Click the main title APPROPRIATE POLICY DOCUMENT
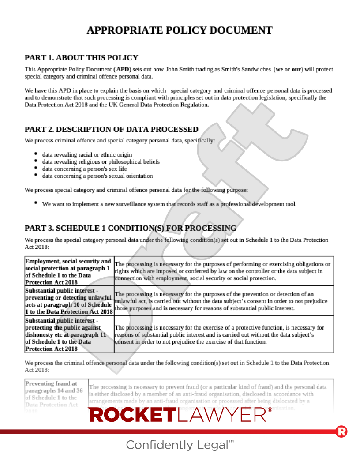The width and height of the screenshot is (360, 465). click(180, 30)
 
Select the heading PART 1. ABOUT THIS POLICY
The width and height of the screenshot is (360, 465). click(81, 58)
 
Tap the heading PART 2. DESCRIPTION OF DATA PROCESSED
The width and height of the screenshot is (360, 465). click(111, 129)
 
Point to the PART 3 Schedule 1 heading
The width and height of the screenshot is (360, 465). click(130, 228)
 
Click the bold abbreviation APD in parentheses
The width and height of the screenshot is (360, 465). click(122, 70)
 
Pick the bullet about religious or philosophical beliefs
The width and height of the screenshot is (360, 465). click(101, 162)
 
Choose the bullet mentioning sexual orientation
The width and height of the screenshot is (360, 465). click(97, 176)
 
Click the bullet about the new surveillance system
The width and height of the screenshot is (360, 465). click(169, 204)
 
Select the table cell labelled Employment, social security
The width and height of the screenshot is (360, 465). click(69, 271)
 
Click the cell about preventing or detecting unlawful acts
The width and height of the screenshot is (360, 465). click(69, 301)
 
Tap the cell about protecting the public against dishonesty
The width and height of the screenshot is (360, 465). click(69, 334)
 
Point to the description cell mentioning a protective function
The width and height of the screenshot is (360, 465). click(221, 334)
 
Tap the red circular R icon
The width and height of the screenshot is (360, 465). click(341, 431)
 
